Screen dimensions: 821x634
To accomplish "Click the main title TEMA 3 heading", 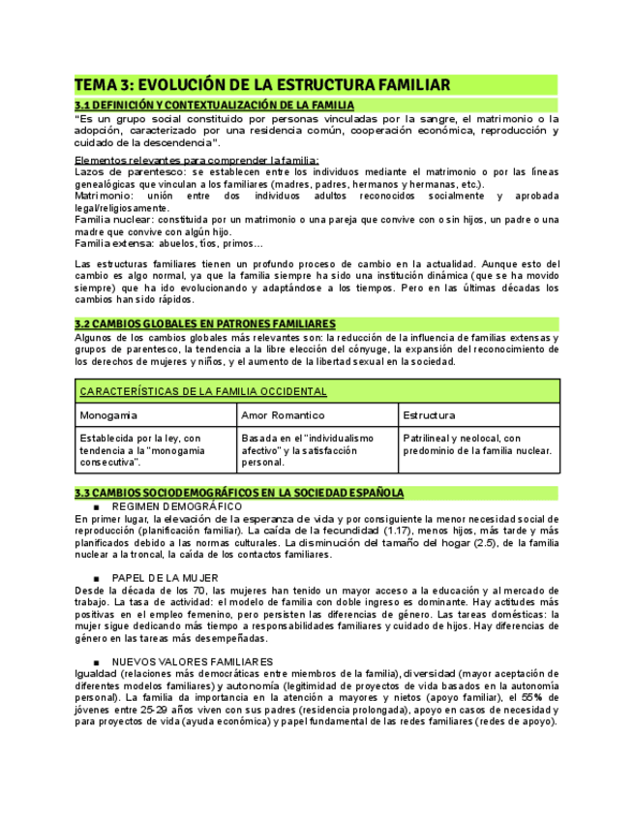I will pyautogui.click(x=262, y=85).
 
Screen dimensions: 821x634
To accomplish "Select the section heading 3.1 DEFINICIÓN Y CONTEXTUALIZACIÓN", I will pyautogui.click(x=214, y=105).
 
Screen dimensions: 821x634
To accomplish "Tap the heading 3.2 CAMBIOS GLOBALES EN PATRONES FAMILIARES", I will pyautogui.click(x=205, y=323).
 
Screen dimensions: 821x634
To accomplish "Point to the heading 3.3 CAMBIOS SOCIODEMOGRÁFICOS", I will pyautogui.click(x=239, y=493).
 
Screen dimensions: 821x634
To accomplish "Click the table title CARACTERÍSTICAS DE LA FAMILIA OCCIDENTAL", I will pyautogui.click(x=202, y=392).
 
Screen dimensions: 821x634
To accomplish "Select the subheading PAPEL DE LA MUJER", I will pyautogui.click(x=166, y=578).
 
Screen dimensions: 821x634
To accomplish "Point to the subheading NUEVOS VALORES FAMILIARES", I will pyautogui.click(x=193, y=661).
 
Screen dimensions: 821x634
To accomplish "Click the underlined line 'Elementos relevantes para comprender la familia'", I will pyautogui.click(x=196, y=160).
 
